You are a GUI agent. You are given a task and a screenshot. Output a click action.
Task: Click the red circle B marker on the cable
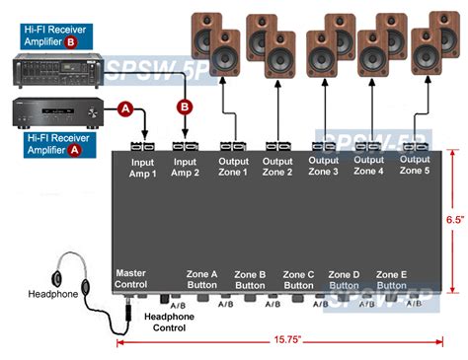tap(184, 107)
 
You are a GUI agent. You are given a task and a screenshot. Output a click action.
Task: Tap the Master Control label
tap(131, 279)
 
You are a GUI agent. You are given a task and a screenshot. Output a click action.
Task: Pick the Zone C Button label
tap(300, 279)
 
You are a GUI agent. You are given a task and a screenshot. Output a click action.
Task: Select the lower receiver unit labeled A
tap(55, 113)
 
